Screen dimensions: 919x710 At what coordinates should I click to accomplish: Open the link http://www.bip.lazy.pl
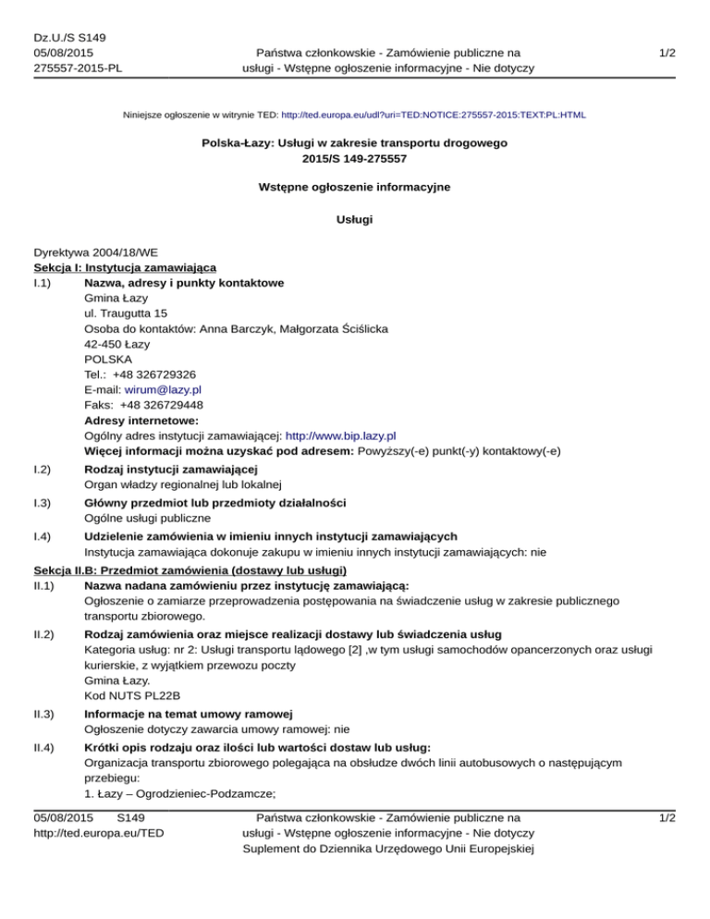pyautogui.click(x=341, y=435)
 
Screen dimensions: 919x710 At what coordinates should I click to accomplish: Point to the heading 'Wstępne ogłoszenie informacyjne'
pyautogui.click(x=355, y=187)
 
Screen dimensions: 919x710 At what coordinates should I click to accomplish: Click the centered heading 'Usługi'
pyautogui.click(x=355, y=222)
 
